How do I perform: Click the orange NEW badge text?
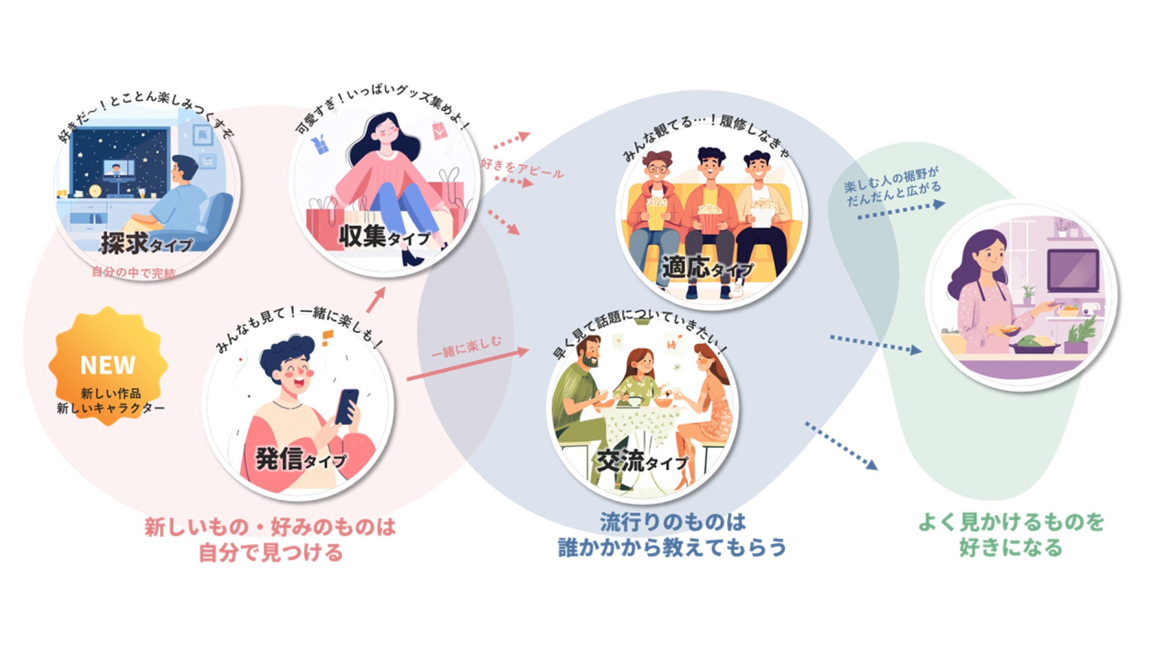pos(108,365)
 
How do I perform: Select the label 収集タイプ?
pos(385,237)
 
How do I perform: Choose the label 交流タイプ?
pos(643,461)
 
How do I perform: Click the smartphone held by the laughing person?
pos(347,406)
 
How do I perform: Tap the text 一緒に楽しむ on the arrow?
pos(466,347)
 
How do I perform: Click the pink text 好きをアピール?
pos(521,167)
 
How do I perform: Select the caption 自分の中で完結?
pos(133,272)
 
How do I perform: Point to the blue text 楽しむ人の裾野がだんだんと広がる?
pos(893,187)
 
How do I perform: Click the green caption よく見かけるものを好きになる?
pos(1011,534)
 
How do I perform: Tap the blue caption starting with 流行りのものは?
pos(672,534)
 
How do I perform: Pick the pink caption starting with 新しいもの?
pos(270,539)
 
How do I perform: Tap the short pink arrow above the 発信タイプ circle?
pos(375,300)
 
